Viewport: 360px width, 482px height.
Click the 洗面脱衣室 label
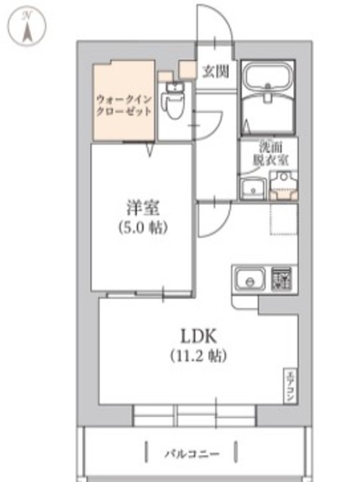click(x=267, y=155)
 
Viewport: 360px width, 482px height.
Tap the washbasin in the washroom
click(x=251, y=188)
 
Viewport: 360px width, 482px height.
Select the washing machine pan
click(x=283, y=186)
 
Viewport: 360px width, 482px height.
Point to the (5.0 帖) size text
click(x=141, y=226)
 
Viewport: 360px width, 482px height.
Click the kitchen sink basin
click(x=248, y=280)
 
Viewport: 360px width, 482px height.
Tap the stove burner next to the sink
click(x=282, y=279)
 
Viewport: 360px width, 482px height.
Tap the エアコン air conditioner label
click(x=288, y=386)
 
